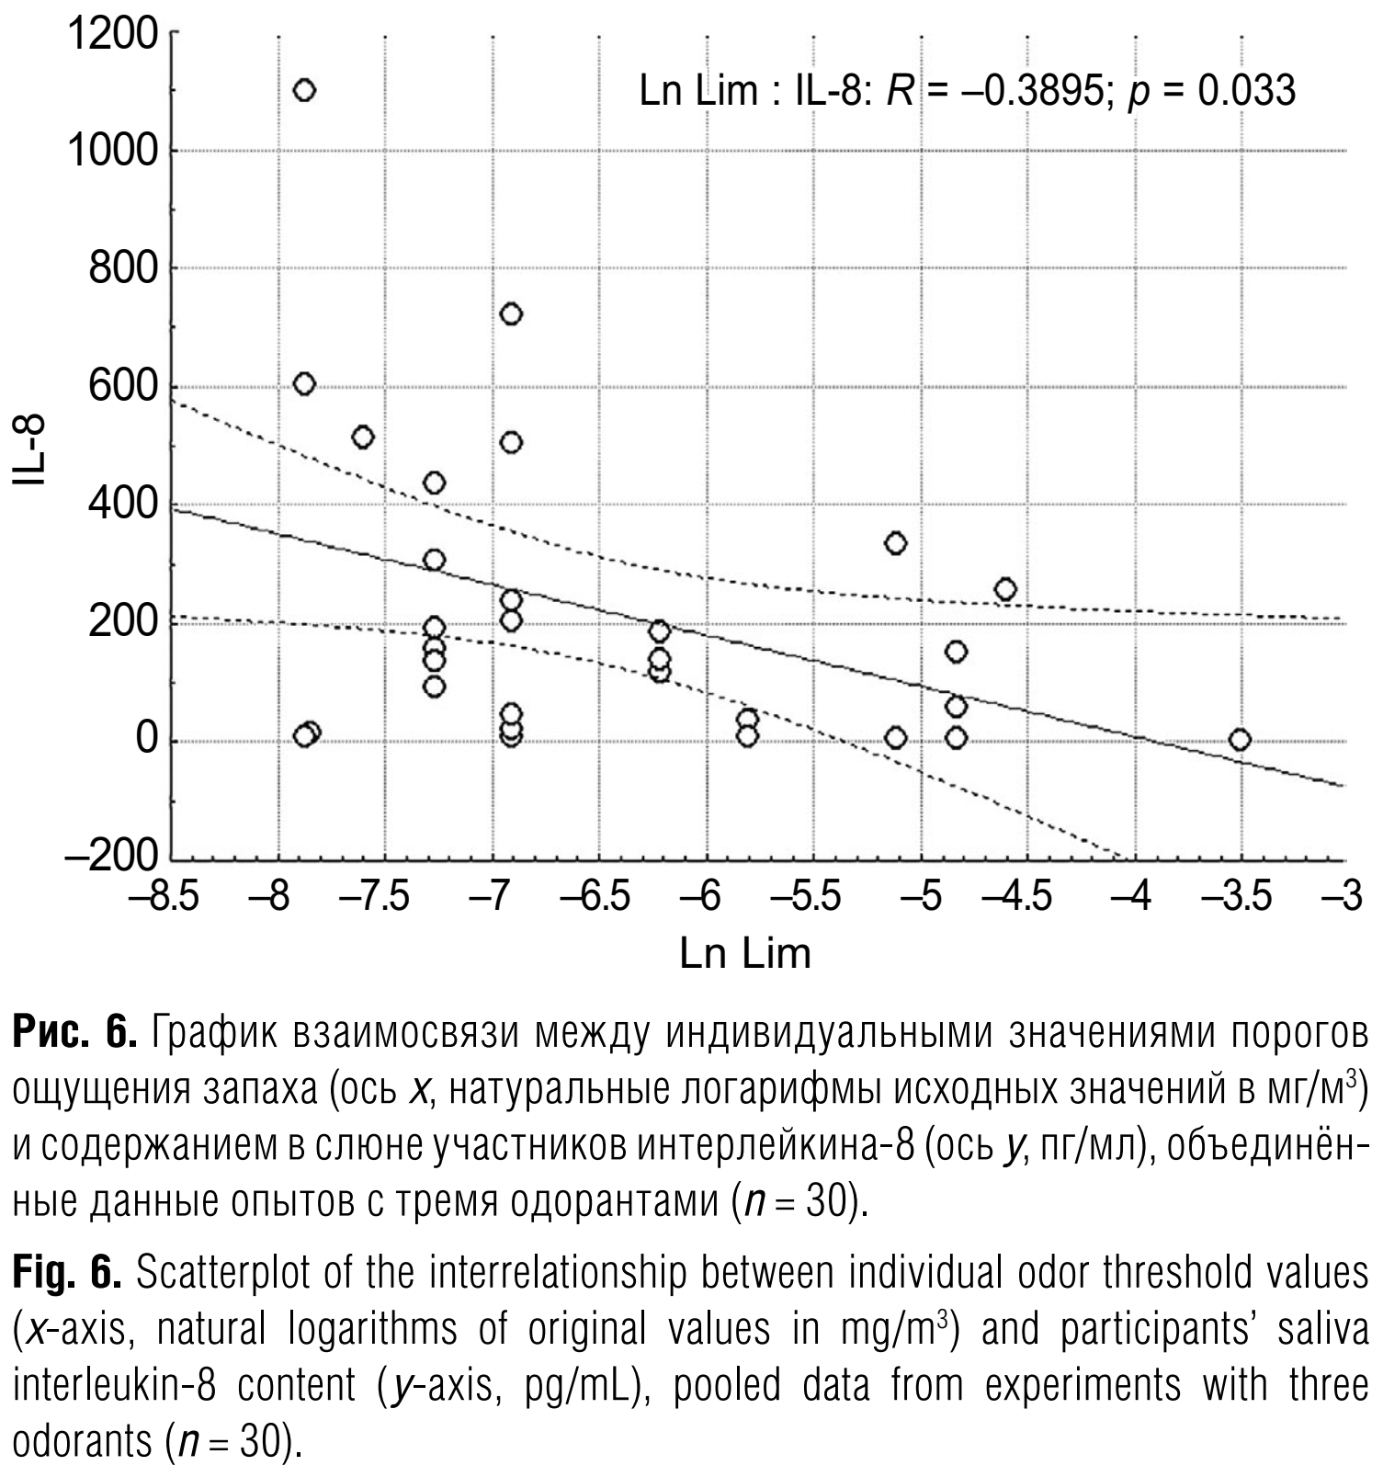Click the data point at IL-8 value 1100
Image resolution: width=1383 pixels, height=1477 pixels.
(x=304, y=90)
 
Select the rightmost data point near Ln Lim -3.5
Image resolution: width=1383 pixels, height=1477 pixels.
(x=1240, y=740)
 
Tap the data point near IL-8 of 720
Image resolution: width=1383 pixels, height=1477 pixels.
(x=511, y=314)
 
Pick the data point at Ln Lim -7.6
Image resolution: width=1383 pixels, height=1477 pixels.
(x=363, y=437)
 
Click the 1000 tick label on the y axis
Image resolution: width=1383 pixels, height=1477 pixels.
(x=113, y=150)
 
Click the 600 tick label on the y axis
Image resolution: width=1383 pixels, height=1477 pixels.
(x=123, y=386)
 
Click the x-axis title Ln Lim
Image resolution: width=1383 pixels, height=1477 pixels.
(x=745, y=953)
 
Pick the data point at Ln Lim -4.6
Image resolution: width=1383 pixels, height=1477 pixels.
(x=1005, y=589)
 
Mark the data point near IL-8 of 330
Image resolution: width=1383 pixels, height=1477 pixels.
(x=895, y=543)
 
